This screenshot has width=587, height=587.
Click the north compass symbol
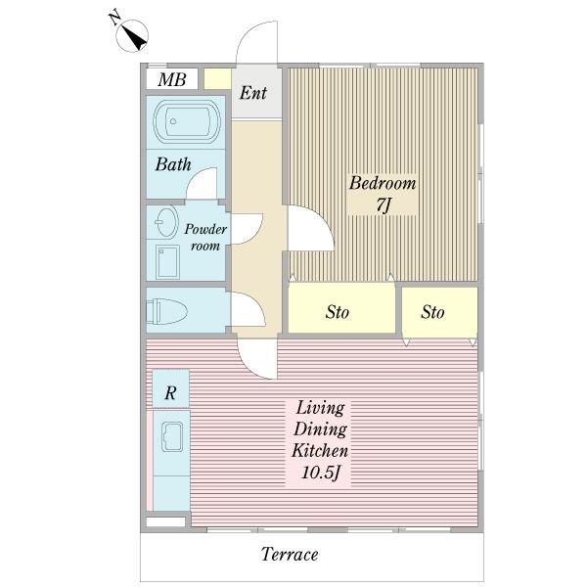click(132, 35)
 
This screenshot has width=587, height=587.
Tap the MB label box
click(172, 79)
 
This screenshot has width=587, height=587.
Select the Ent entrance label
click(253, 93)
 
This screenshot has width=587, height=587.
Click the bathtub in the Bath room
click(187, 121)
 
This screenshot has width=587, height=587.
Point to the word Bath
click(173, 164)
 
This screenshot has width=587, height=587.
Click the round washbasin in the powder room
click(166, 221)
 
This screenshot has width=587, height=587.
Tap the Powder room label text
click(205, 237)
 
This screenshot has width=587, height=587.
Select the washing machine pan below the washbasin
click(167, 262)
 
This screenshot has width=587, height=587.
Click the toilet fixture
click(166, 311)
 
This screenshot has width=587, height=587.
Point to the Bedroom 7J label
click(383, 194)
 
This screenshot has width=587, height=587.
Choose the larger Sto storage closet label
click(337, 312)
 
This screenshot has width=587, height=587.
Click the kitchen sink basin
click(172, 437)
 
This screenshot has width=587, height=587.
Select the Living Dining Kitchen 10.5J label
click(319, 440)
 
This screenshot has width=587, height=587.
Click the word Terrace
click(290, 554)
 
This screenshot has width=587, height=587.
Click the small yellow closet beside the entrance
click(217, 79)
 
